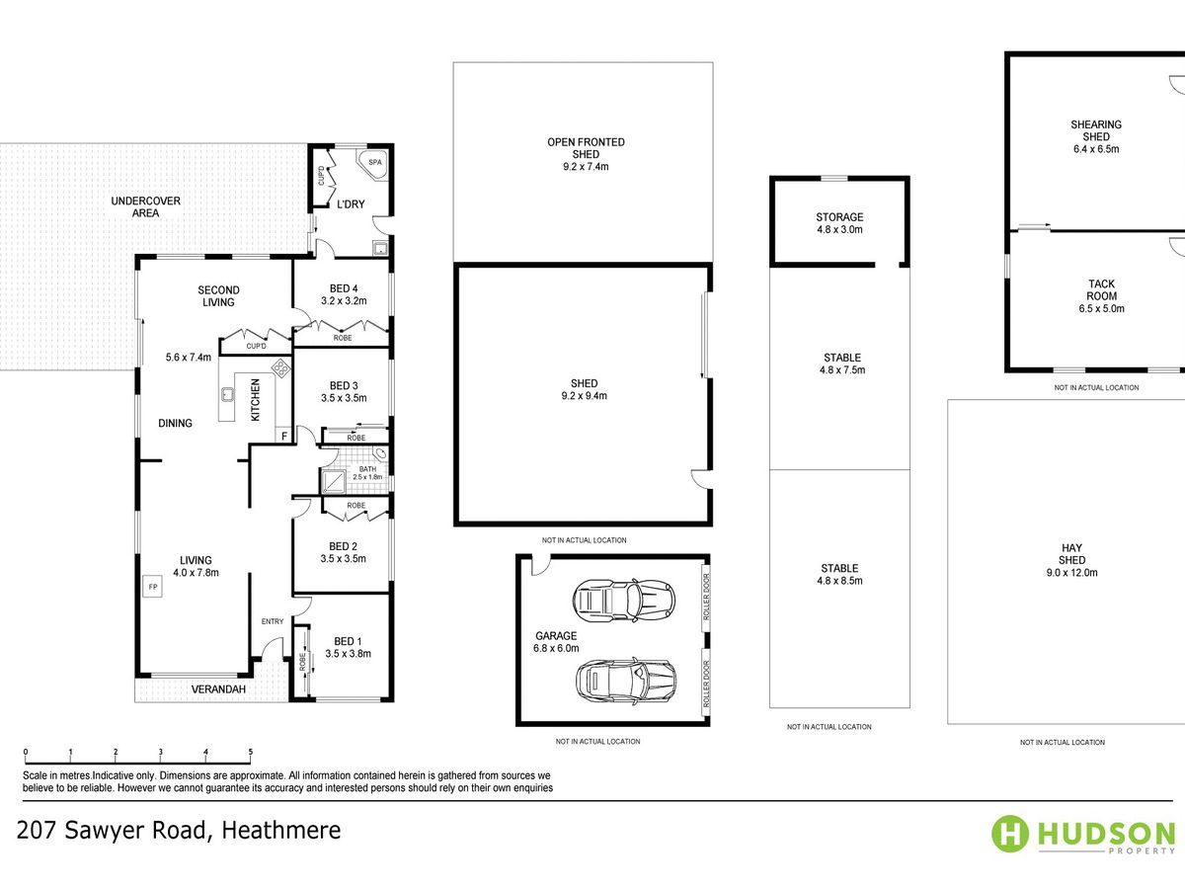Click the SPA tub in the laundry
click(x=372, y=164)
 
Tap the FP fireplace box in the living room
click(x=153, y=586)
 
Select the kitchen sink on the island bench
click(x=227, y=394)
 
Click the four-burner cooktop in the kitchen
click(x=281, y=368)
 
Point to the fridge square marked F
click(x=284, y=436)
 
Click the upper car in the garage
click(x=623, y=600)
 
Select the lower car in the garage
click(x=625, y=681)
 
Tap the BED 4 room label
click(x=344, y=288)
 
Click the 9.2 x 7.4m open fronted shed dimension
click(x=586, y=167)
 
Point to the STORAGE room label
click(x=839, y=217)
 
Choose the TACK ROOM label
click(x=1101, y=289)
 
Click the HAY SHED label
click(x=1071, y=554)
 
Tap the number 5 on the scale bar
click(x=251, y=752)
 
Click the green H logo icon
click(x=1010, y=834)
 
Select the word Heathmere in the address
click(x=281, y=830)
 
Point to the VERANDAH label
click(x=218, y=689)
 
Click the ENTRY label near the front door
click(x=273, y=621)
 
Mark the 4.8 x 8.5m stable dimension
click(x=839, y=581)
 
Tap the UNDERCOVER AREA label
click(x=146, y=206)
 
